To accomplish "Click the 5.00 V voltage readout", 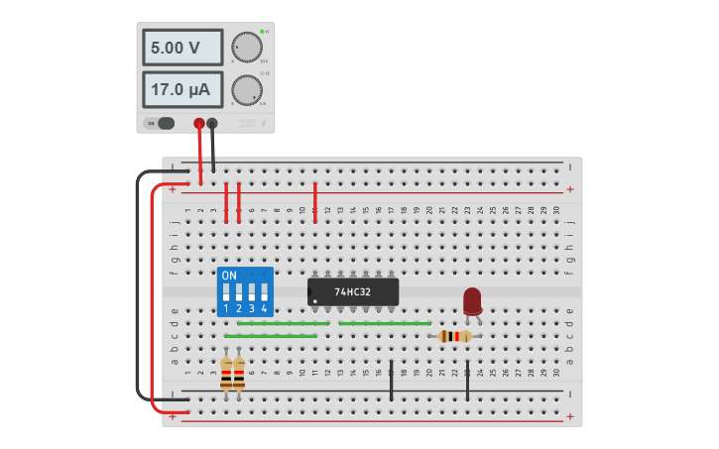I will tap(182, 47).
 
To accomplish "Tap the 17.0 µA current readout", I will tap(182, 89).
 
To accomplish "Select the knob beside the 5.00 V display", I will tap(247, 47).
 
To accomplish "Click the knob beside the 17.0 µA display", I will tap(247, 90).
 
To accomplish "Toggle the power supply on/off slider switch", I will tap(162, 123).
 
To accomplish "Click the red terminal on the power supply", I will tap(199, 123).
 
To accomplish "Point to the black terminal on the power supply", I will tap(212, 123).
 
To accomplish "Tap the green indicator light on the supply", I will tap(262, 32).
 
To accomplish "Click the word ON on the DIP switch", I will tap(229, 275).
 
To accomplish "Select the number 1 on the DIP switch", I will tap(226, 308).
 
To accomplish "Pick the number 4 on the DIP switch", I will tap(264, 308).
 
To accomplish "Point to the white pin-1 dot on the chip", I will tap(315, 300).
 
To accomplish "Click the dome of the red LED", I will tap(472, 298).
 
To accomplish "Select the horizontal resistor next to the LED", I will tap(455, 336).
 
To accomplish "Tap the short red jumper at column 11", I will tap(315, 201).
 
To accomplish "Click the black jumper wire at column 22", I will tap(467, 380).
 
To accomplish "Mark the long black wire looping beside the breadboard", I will tap(138, 287).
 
